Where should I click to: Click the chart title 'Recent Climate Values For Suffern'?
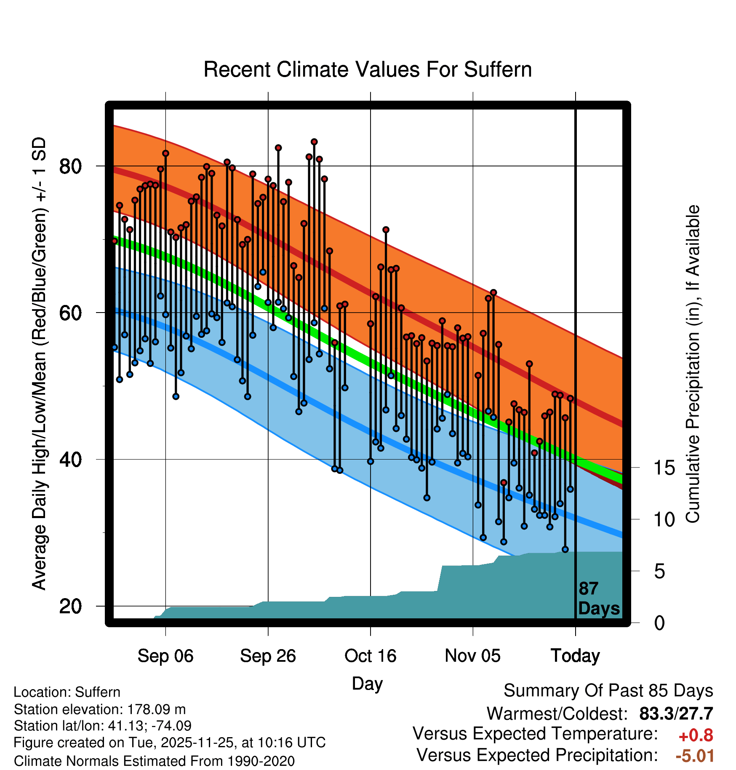click(x=368, y=70)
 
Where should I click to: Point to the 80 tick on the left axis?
click(x=70, y=166)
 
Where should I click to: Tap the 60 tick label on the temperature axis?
click(x=70, y=313)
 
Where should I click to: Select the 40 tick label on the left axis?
click(x=70, y=460)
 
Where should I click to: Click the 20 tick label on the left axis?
click(x=70, y=606)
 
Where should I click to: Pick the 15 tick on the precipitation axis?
click(x=664, y=468)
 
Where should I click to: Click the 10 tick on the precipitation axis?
click(x=664, y=520)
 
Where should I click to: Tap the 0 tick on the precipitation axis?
click(x=659, y=623)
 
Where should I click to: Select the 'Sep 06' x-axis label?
click(x=165, y=656)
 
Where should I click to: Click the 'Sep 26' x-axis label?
click(x=268, y=656)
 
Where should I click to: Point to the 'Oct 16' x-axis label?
click(x=371, y=656)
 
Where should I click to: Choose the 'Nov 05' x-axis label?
click(x=473, y=656)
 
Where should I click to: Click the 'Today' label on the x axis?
click(x=575, y=656)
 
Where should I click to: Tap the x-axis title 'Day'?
click(x=367, y=684)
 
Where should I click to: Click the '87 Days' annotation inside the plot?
click(x=598, y=599)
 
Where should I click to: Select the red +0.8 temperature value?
click(x=696, y=735)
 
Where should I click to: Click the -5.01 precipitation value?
click(x=695, y=756)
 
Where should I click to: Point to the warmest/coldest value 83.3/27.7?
click(x=676, y=714)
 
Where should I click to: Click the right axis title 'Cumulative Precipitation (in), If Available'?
click(x=693, y=364)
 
